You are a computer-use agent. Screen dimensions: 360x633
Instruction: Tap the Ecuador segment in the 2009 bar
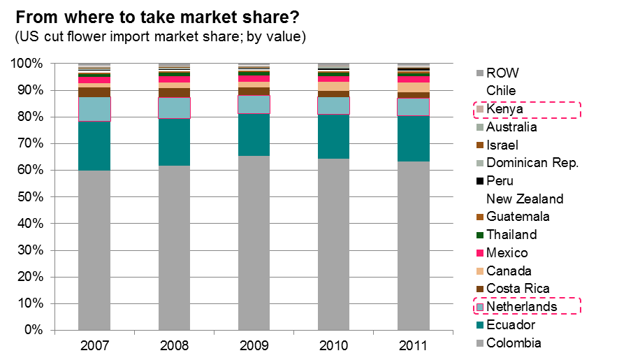[254, 134]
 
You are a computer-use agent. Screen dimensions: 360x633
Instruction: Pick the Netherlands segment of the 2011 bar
[414, 107]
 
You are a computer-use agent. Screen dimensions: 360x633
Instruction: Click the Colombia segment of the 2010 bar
[334, 244]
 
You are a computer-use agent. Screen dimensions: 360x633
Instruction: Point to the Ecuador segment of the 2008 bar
[174, 142]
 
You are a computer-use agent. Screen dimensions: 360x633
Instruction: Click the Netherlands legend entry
[521, 307]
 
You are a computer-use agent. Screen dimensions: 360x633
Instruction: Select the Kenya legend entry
[502, 109]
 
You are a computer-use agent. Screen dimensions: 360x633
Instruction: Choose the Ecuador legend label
[511, 325]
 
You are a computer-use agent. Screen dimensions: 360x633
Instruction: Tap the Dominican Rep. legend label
[532, 163]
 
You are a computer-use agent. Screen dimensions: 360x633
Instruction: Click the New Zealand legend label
[524, 199]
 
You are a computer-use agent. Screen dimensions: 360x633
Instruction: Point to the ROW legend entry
[502, 73]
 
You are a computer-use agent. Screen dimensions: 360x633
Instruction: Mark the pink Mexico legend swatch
[479, 253]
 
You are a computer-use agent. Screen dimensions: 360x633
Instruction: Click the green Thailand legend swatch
[479, 235]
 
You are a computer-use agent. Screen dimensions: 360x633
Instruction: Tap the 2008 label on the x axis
[174, 345]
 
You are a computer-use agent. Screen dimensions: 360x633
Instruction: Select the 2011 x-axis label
[414, 345]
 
